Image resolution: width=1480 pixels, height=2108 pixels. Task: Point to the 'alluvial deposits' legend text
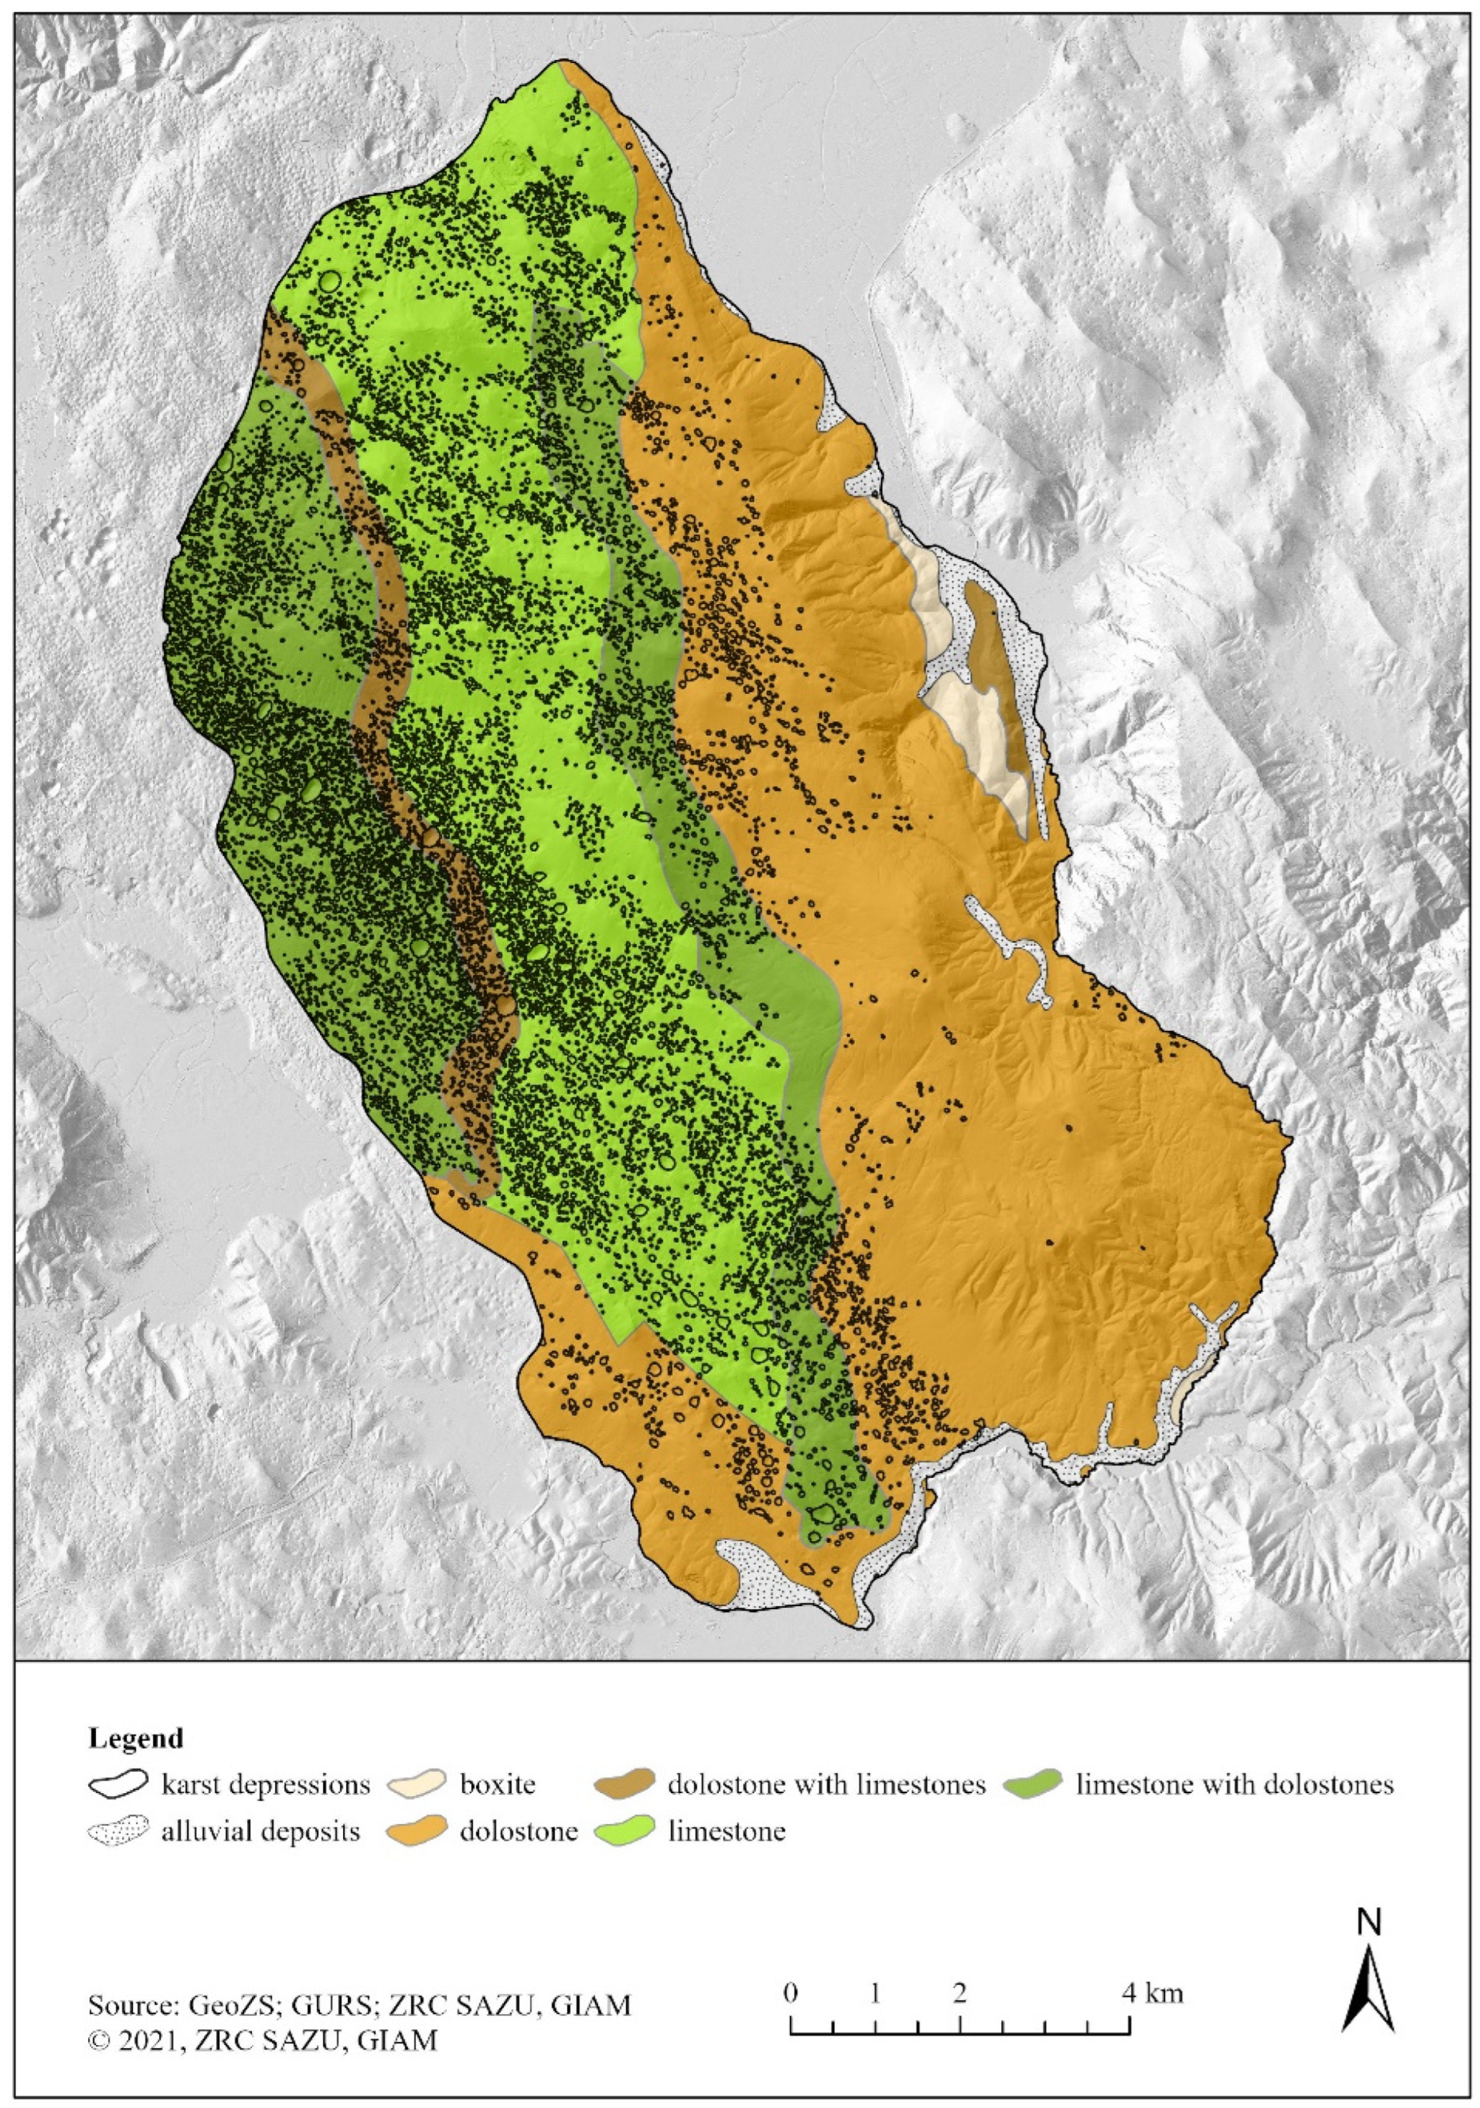[x=261, y=1832]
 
